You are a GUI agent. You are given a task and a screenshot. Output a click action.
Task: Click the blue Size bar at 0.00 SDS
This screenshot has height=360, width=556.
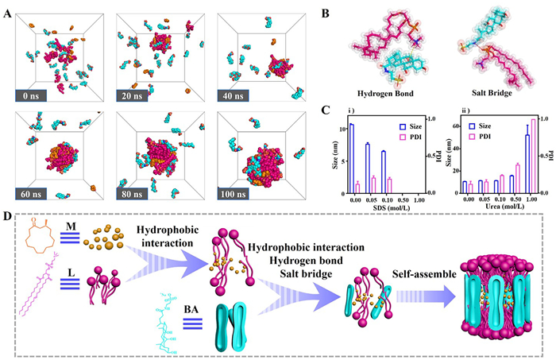pyautogui.click(x=350, y=159)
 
